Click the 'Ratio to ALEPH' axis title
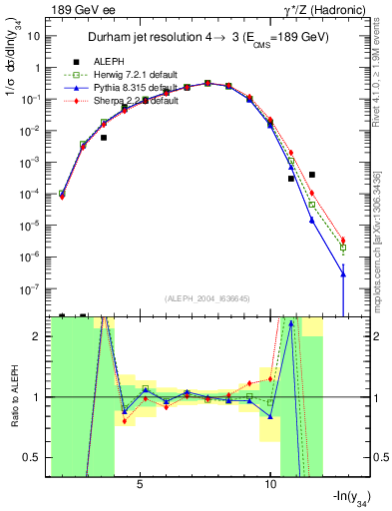(x=17, y=396)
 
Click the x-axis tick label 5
(x=141, y=484)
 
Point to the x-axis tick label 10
(x=270, y=484)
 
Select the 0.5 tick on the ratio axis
(x=40, y=458)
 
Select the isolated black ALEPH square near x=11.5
(x=312, y=174)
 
